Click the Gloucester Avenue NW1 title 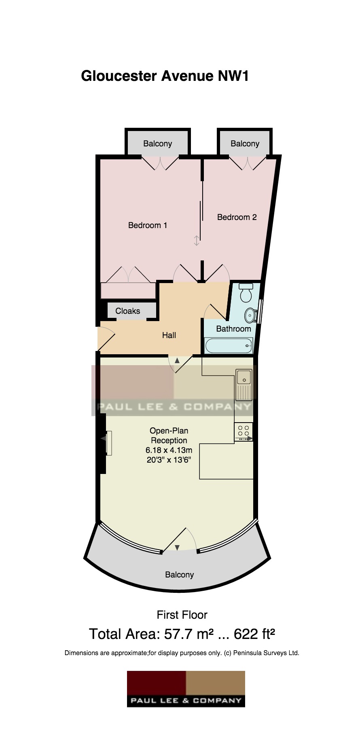[x=165, y=76]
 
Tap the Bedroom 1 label [x=148, y=225]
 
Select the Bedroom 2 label [x=237, y=217]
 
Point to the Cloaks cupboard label [x=128, y=311]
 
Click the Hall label [x=169, y=335]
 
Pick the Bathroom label [x=233, y=329]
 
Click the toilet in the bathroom [x=246, y=293]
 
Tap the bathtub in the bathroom [x=229, y=346]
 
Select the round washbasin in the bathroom [x=250, y=314]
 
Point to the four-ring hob [x=244, y=432]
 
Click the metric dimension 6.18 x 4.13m [x=169, y=450]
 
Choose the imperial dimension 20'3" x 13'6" [x=169, y=460]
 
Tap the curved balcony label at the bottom [x=180, y=575]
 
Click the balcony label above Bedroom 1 [x=158, y=144]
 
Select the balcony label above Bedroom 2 [x=245, y=144]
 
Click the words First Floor [x=182, y=615]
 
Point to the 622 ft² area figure [x=255, y=634]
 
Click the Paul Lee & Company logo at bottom [x=186, y=689]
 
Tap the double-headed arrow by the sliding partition [x=197, y=241]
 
